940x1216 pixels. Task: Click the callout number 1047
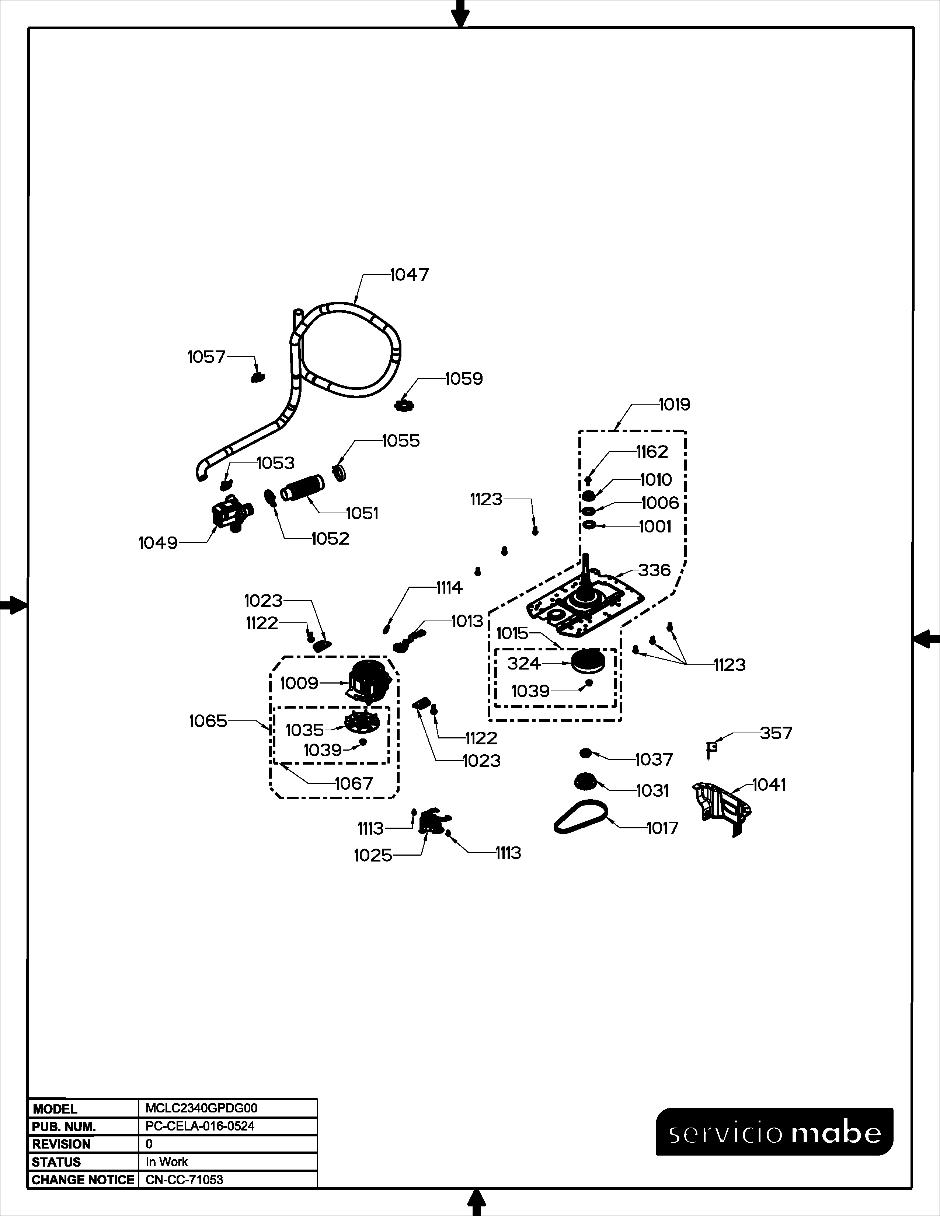click(x=409, y=275)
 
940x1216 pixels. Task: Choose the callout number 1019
click(x=674, y=404)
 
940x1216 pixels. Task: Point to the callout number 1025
click(x=373, y=855)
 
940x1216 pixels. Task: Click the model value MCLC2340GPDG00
click(x=202, y=1108)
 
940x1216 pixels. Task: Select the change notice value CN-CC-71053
click(x=184, y=1180)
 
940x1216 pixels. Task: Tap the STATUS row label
click(x=56, y=1162)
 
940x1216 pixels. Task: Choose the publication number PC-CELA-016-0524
click(x=200, y=1126)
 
